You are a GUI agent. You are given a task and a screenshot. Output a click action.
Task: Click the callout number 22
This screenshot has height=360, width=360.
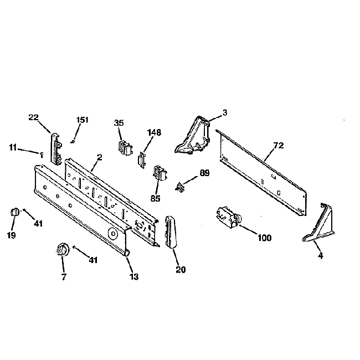tap(34, 117)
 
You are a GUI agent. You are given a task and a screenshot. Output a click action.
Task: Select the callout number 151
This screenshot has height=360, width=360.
tap(83, 120)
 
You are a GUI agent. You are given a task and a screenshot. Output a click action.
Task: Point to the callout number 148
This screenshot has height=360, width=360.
tap(154, 132)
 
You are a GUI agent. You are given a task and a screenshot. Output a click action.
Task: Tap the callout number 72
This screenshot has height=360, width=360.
tap(278, 146)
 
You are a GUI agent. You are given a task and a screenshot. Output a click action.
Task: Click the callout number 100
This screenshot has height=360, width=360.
tap(265, 238)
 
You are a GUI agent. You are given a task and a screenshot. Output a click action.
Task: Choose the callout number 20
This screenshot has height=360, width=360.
tap(181, 270)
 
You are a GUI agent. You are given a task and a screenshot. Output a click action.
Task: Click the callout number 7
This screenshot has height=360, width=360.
tap(64, 276)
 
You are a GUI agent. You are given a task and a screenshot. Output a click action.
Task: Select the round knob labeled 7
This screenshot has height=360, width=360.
tap(61, 250)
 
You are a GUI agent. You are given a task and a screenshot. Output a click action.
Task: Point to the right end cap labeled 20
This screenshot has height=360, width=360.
tap(171, 233)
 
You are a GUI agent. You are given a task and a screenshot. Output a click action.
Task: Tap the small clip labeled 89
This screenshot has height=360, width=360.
tap(180, 187)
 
